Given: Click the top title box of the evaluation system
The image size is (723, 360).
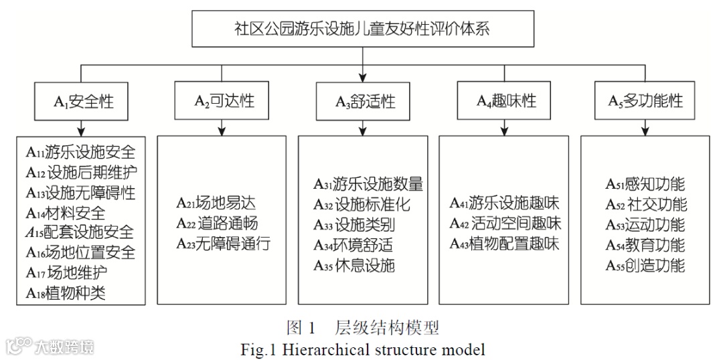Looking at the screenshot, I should tap(361, 29).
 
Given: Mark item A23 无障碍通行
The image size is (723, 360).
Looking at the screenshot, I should tap(223, 244).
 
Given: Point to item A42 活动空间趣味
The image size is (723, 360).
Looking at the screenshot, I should tap(505, 223).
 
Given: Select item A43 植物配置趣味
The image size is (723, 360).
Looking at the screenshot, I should tap(505, 244).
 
